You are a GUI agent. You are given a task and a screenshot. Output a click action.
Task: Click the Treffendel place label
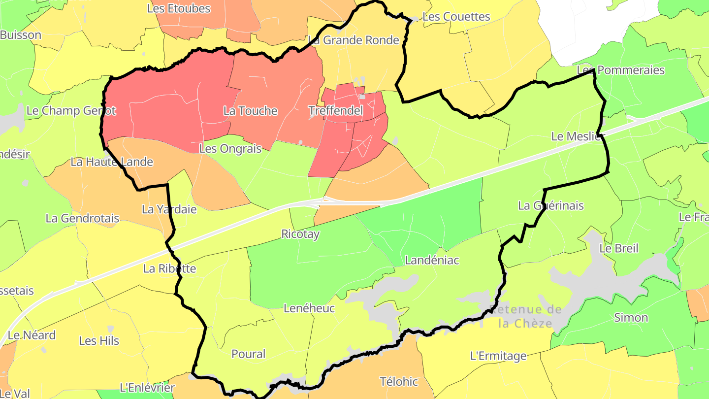tap(335, 111)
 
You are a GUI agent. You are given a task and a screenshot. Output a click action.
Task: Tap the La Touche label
tap(250, 111)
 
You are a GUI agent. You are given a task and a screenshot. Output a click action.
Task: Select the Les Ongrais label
tap(230, 148)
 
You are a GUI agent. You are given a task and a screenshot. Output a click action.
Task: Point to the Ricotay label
tap(300, 234)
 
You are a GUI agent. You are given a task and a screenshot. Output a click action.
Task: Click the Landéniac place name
tap(431, 260)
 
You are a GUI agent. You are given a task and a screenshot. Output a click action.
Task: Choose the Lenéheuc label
tap(309, 308)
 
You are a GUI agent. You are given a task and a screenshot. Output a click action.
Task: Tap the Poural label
tap(248, 354)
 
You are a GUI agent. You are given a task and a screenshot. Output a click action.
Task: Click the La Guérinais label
tap(551, 205)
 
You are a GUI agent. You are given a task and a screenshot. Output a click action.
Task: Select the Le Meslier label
tap(576, 136)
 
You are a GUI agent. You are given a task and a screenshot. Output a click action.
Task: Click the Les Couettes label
tap(456, 17)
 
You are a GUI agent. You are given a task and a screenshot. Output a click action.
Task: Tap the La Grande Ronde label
tap(354, 40)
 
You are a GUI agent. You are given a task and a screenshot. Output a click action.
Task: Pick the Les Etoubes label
tap(179, 8)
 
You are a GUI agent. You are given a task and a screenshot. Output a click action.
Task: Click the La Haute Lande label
tap(112, 162)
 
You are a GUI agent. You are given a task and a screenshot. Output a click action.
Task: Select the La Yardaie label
tap(169, 209)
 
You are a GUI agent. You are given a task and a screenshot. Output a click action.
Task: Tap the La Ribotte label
tap(169, 268)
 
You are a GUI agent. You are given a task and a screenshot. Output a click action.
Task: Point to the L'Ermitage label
tap(498, 356)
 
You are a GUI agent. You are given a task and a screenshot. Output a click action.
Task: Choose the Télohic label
tap(399, 381)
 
